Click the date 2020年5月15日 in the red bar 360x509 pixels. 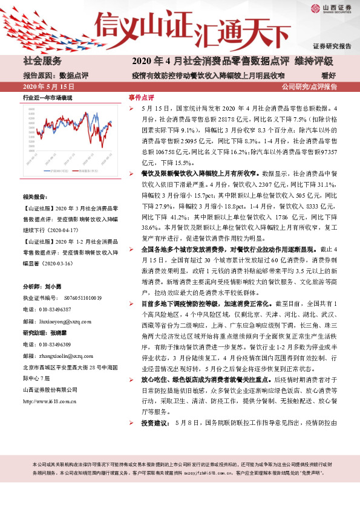tap(43, 86)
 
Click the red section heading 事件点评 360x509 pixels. tap(142, 97)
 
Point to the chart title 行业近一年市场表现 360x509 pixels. tap(47, 97)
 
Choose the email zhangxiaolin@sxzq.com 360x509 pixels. tap(74, 355)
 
